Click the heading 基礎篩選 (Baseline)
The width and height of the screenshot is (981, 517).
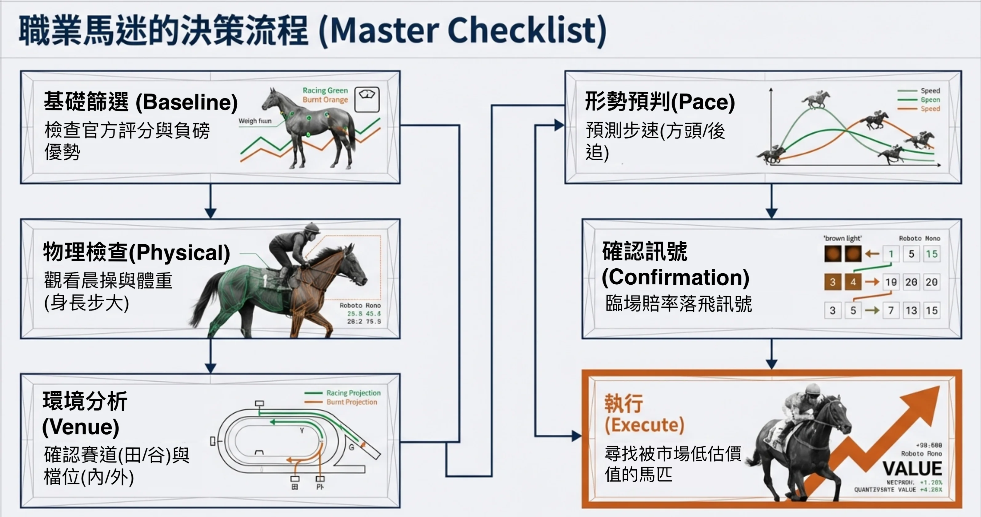(x=141, y=102)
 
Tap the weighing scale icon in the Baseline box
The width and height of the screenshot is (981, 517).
(x=367, y=99)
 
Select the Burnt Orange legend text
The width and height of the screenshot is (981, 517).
(x=325, y=99)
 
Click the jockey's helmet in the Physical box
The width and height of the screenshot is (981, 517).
(x=312, y=229)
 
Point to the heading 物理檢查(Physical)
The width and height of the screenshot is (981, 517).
(x=136, y=252)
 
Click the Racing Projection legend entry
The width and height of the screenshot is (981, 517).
(x=353, y=393)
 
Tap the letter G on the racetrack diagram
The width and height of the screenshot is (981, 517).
(x=351, y=447)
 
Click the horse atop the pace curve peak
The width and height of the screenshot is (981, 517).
(x=816, y=99)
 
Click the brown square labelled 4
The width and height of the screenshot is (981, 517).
(x=853, y=282)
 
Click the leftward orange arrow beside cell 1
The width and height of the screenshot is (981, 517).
(x=872, y=253)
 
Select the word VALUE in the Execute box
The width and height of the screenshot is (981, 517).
(x=912, y=468)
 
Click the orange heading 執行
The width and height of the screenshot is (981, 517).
(x=624, y=403)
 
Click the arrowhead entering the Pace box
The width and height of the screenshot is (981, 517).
(x=559, y=125)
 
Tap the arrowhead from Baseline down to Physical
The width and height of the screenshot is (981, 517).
(x=210, y=213)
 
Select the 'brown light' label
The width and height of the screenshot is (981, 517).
(x=843, y=238)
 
